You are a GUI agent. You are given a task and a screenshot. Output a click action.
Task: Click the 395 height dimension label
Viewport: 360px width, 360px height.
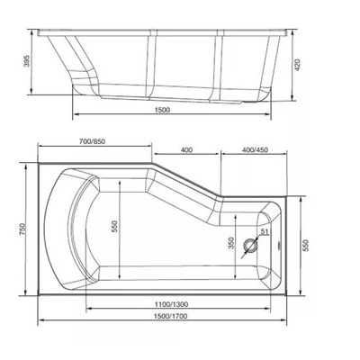[x=27, y=61]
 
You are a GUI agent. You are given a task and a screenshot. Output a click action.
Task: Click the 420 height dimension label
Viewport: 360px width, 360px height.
[x=297, y=65]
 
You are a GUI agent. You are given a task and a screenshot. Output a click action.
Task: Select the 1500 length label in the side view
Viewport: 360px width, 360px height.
[x=162, y=110]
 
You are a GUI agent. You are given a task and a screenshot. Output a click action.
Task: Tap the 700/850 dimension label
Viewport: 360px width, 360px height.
[x=92, y=141]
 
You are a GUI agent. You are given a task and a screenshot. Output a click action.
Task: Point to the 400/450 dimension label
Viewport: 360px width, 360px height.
[x=255, y=149]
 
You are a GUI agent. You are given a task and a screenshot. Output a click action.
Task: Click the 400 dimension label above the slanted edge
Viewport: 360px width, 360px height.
[x=186, y=149]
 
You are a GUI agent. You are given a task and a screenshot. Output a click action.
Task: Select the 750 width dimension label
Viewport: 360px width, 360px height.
[x=23, y=229]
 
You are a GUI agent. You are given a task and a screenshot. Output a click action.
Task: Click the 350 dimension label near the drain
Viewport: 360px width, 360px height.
[x=231, y=243]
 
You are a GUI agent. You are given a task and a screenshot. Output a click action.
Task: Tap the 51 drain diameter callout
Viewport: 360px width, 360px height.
[x=265, y=231]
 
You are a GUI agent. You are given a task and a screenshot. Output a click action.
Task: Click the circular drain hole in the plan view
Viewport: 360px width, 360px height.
[x=250, y=245]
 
